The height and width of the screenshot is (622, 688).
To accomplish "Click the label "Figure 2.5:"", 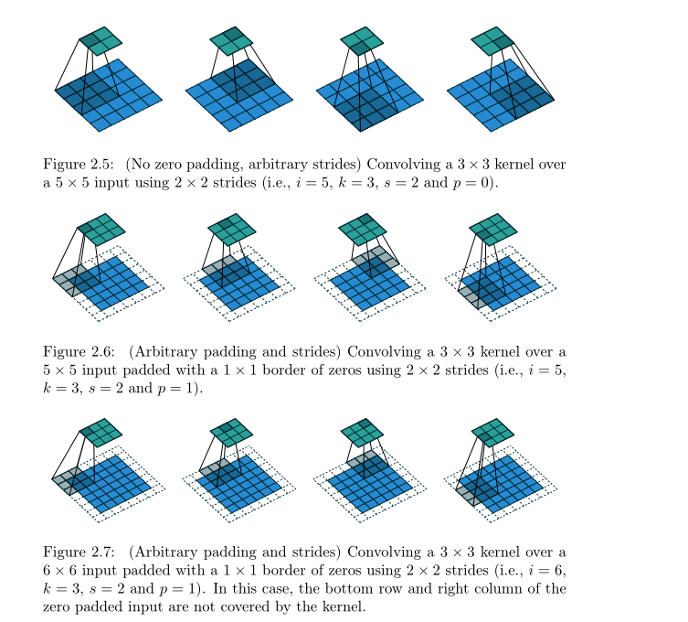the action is (78, 165).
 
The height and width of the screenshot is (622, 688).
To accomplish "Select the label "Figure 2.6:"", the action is (79, 352).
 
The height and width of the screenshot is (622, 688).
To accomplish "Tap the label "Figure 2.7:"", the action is (79, 552).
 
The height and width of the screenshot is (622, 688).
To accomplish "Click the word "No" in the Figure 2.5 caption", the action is (140, 165).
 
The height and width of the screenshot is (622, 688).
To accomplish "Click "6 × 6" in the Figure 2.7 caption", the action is (59, 571).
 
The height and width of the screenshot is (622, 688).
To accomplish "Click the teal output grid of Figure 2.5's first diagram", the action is (101, 41).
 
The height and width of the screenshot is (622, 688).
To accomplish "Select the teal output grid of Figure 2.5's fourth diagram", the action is (492, 41).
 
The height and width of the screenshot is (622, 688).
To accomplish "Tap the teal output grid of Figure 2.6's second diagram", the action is (231, 230).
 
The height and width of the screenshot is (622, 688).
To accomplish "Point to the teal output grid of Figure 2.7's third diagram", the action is (363, 433).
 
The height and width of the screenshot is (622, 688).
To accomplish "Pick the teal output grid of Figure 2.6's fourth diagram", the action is (493, 230).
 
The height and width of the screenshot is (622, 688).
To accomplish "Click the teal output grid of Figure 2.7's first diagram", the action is (101, 433).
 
